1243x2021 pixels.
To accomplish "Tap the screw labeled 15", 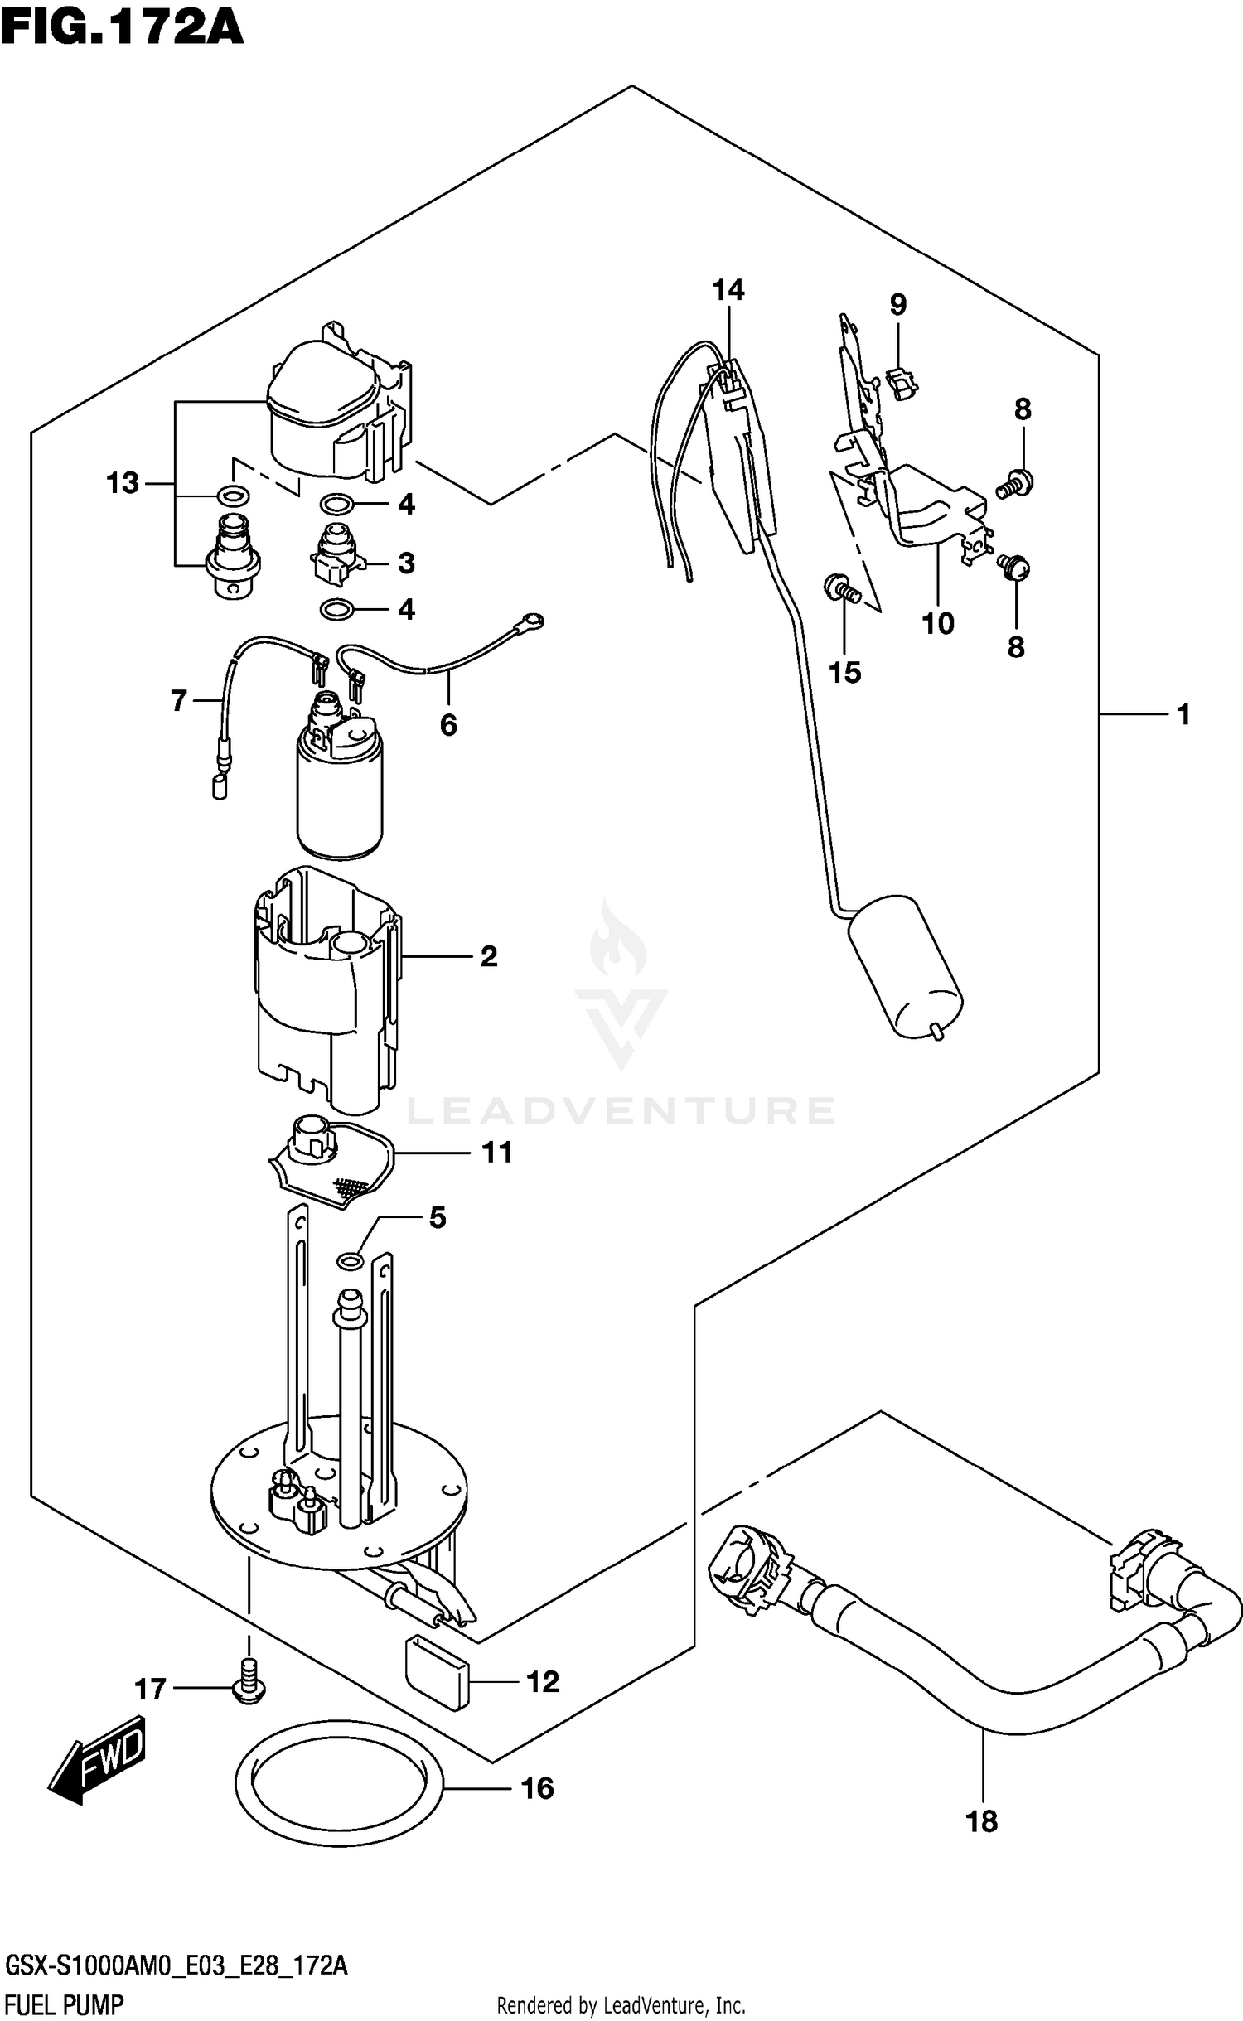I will click(842, 589).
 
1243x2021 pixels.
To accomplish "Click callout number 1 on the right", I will click(1183, 713).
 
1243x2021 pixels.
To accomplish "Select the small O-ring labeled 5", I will click(350, 1261).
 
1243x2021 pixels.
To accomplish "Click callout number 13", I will click(122, 483).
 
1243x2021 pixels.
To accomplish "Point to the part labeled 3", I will click(336, 554).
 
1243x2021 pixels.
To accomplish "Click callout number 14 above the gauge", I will click(728, 290).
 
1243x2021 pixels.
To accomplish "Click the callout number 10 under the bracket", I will click(938, 623).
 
